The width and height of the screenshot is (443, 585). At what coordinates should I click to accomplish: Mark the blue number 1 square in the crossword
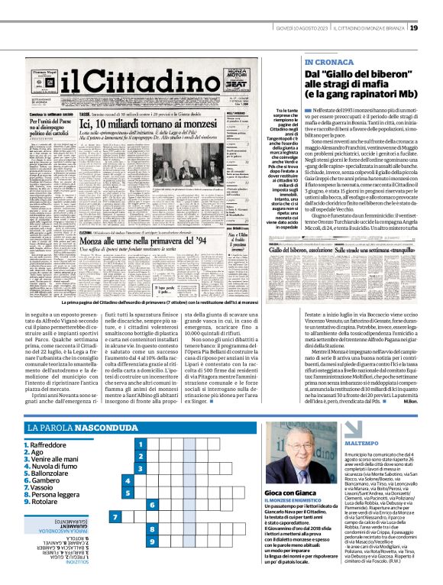click(140, 444)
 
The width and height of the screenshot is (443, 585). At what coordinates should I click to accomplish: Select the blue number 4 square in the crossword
click(128, 481)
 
